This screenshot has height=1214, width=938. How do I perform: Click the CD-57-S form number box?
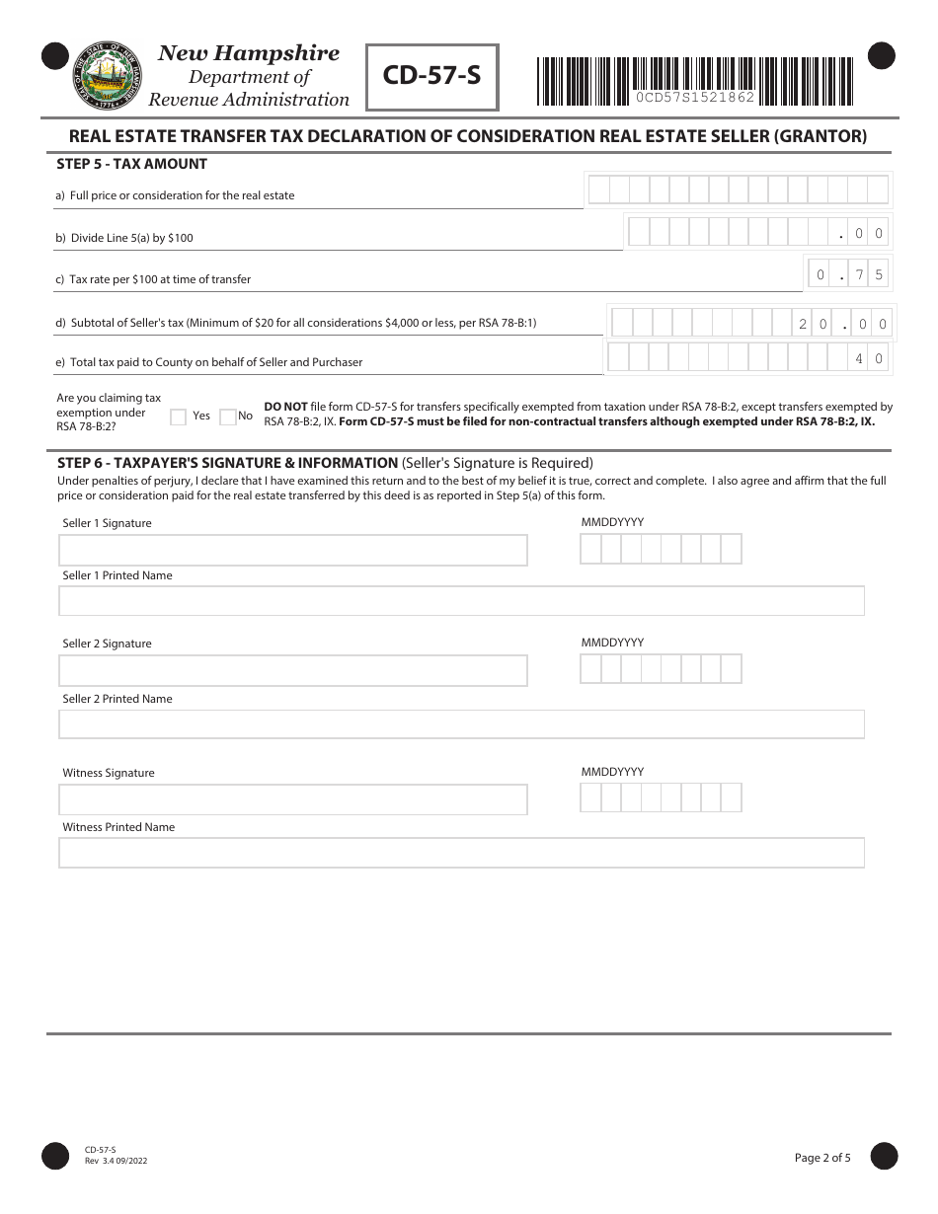coord(431,76)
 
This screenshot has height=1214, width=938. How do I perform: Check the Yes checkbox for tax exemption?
coord(179,417)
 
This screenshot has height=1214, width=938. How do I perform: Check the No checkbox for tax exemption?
coord(228,417)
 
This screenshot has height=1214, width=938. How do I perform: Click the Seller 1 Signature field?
coord(293,551)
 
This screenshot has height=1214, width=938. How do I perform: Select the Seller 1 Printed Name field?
coord(461,601)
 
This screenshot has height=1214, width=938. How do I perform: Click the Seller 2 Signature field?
coord(293,671)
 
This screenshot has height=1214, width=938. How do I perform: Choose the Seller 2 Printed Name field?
coord(461,724)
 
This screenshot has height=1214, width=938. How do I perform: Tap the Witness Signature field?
coord(293,799)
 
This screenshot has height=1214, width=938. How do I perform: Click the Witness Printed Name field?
coord(461,853)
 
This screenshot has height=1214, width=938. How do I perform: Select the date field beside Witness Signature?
coord(661,797)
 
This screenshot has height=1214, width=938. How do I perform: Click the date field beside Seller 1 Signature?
coord(661,549)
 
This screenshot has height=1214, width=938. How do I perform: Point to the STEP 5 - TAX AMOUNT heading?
coord(132,164)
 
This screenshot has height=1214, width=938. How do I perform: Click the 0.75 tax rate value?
coord(848,275)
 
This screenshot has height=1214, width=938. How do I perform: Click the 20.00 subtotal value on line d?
coord(843,324)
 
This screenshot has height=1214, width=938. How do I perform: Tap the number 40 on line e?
coord(869,359)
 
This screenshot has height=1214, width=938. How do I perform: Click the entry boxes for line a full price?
coord(739,190)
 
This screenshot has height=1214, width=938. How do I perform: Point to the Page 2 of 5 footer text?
coord(822,1158)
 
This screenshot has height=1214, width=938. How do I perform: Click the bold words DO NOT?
coord(285,407)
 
